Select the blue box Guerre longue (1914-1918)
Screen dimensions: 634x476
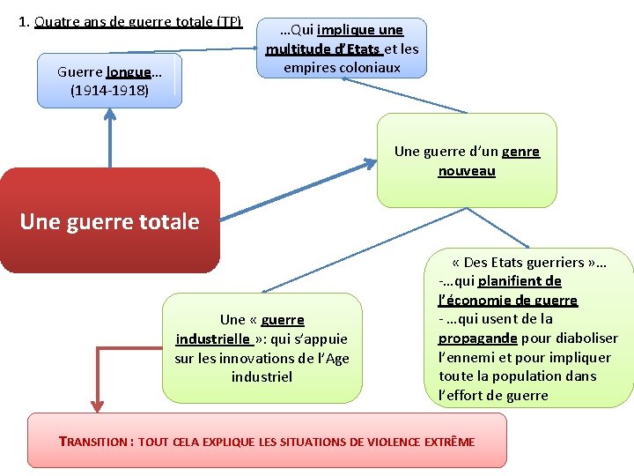[x=109, y=81]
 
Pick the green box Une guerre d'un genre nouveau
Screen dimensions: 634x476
[x=467, y=160]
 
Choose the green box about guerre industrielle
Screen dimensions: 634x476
[x=262, y=348]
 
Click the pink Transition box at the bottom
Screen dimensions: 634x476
[x=267, y=441]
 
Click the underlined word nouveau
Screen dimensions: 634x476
[x=467, y=171]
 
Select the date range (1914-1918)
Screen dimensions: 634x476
[x=109, y=91]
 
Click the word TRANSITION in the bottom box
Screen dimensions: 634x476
[x=93, y=442]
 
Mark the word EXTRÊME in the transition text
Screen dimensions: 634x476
[x=449, y=442]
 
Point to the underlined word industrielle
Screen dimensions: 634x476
[x=212, y=338]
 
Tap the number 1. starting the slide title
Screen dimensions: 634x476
[x=24, y=21]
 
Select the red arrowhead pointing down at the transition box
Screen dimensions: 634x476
[x=96, y=405]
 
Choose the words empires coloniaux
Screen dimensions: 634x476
[x=342, y=68]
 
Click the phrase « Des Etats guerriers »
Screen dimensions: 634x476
[x=528, y=263]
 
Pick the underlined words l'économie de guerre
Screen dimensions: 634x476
[x=507, y=301]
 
